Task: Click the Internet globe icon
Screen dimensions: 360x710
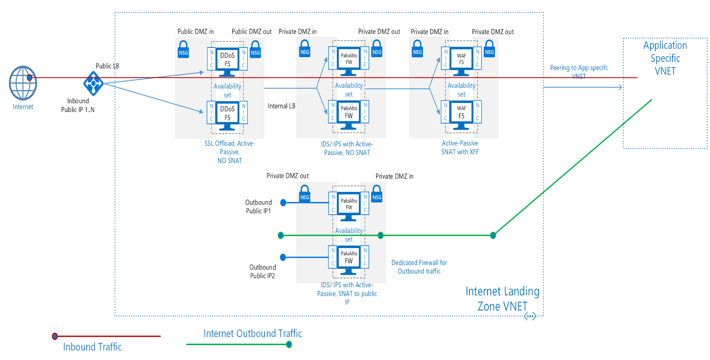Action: pyautogui.click(x=23, y=83)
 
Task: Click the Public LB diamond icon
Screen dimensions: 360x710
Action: pyautogui.click(x=93, y=83)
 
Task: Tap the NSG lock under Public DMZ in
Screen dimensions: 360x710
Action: pyautogui.click(x=183, y=49)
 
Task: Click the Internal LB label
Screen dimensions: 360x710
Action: pyautogui.click(x=282, y=106)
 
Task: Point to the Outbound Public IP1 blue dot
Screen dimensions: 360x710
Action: pyautogui.click(x=283, y=203)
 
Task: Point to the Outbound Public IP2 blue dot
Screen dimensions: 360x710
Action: pyautogui.click(x=283, y=257)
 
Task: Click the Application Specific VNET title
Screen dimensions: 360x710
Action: pyautogui.click(x=665, y=58)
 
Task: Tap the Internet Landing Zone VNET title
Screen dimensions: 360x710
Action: pyautogui.click(x=502, y=299)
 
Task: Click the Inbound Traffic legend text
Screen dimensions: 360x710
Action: pyautogui.click(x=92, y=347)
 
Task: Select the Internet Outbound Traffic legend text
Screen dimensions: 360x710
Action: pyautogui.click(x=253, y=334)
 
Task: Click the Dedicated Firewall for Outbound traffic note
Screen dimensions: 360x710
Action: pyautogui.click(x=419, y=267)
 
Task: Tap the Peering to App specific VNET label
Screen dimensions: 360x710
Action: pyautogui.click(x=579, y=71)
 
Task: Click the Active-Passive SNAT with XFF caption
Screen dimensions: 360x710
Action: pyautogui.click(x=460, y=147)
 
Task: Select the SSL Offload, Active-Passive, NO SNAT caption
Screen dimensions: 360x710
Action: pyautogui.click(x=230, y=152)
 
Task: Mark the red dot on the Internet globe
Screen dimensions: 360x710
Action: pyautogui.click(x=29, y=78)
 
